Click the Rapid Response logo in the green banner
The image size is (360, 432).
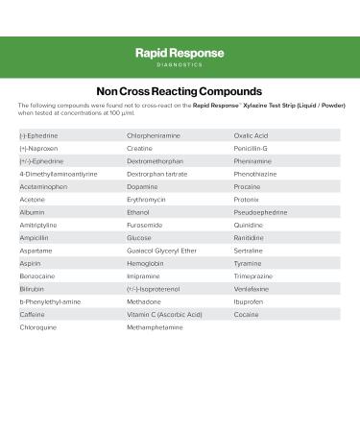pyautogui.click(x=180, y=57)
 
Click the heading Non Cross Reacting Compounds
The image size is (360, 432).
pyautogui.click(x=180, y=90)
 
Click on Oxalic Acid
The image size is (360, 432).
pyautogui.click(x=252, y=135)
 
